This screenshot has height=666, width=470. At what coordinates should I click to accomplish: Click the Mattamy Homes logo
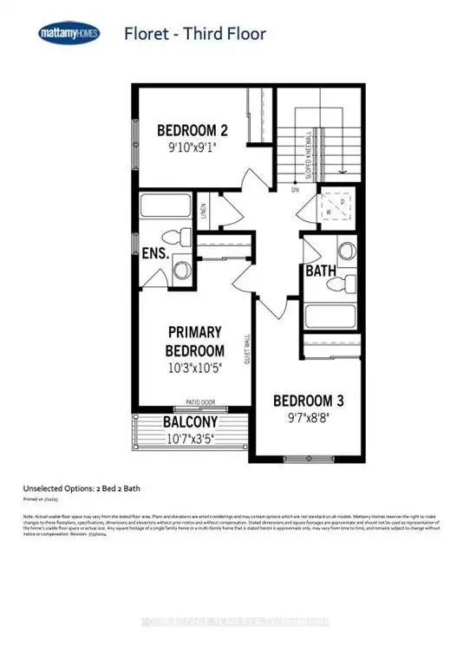(69, 34)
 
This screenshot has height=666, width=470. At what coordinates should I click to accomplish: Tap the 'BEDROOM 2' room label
(192, 131)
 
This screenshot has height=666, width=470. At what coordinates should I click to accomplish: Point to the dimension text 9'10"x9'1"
(192, 148)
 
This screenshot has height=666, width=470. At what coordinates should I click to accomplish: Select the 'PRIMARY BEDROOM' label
(195, 341)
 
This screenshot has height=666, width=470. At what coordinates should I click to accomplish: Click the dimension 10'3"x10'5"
(195, 368)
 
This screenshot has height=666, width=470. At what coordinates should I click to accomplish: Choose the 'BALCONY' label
(190, 422)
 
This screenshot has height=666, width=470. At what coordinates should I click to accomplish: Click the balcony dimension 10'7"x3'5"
(190, 438)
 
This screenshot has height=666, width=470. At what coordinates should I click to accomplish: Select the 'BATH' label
(320, 271)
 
